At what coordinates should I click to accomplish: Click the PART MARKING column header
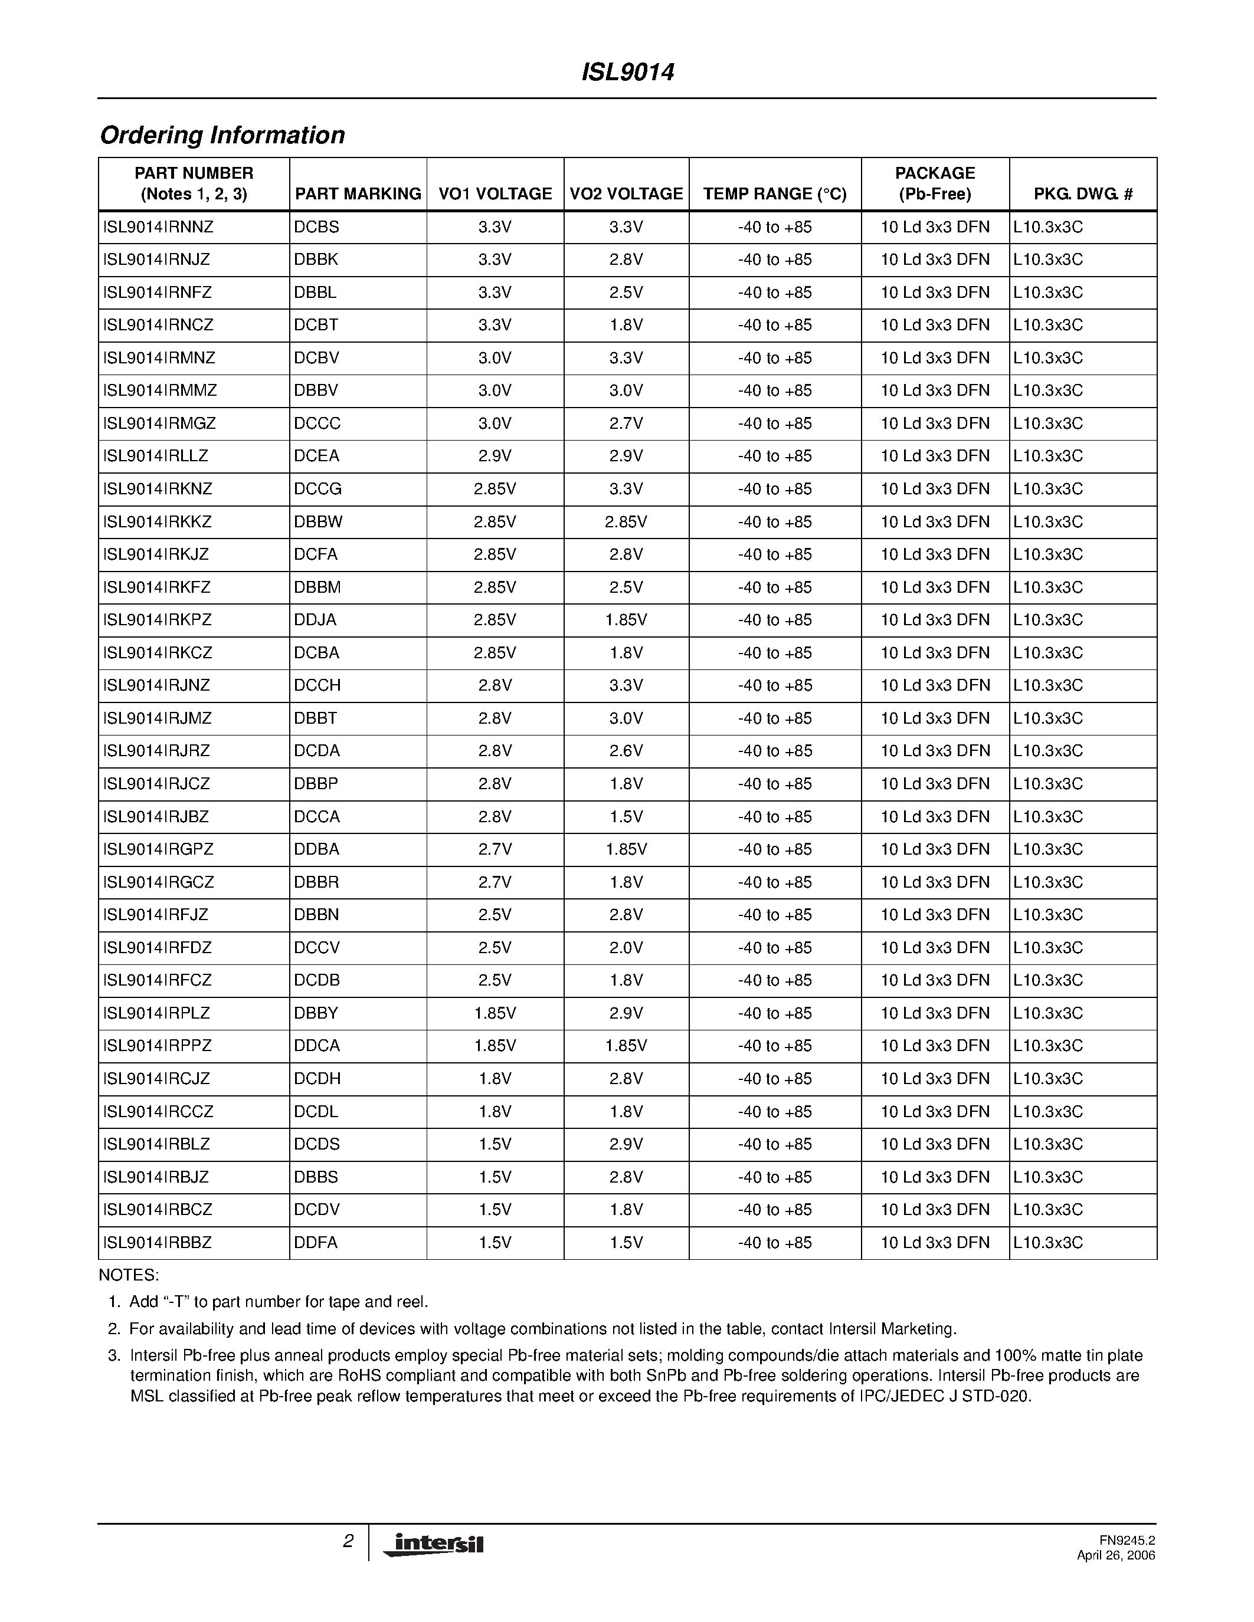click(x=358, y=194)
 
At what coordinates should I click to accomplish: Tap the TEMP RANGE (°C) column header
click(x=775, y=194)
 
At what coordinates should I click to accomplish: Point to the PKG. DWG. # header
click(x=1082, y=194)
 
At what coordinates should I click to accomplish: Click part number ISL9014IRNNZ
click(x=158, y=227)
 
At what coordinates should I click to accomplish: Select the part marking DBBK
click(x=316, y=260)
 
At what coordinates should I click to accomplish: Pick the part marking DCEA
click(x=316, y=456)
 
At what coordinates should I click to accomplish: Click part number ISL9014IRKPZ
click(x=158, y=620)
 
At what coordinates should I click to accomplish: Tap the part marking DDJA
click(x=315, y=620)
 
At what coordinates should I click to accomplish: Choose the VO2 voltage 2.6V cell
click(x=626, y=751)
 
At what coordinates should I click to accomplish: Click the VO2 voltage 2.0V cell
click(x=626, y=948)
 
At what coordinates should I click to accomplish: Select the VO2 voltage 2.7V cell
click(x=626, y=423)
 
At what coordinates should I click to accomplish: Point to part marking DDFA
click(x=315, y=1243)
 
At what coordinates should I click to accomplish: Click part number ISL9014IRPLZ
click(x=157, y=1013)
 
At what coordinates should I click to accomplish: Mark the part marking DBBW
click(x=318, y=522)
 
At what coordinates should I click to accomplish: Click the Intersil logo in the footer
click(x=434, y=1544)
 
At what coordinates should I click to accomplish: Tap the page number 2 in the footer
click(x=348, y=1541)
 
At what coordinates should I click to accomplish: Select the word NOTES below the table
click(x=129, y=1275)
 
